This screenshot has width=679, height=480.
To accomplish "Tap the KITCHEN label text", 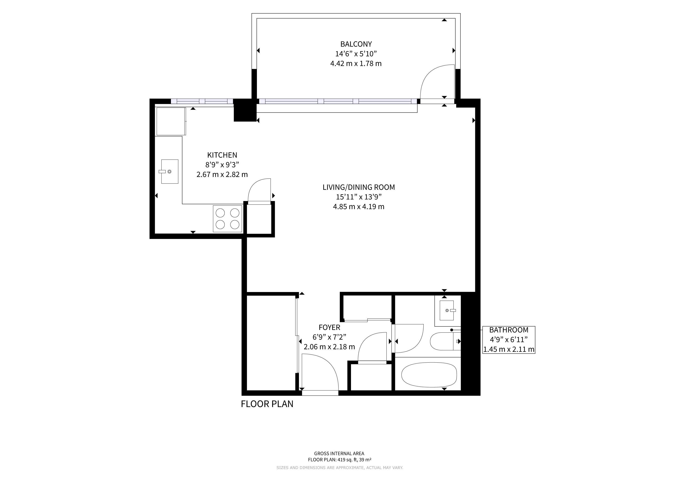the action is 222,155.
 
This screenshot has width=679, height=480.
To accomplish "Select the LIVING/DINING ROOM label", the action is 359,187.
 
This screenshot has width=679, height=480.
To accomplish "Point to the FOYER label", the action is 329,327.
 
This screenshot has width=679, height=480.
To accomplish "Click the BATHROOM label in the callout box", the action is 509,330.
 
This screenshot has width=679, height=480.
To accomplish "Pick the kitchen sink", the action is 170,171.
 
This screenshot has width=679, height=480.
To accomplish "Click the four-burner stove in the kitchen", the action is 227,219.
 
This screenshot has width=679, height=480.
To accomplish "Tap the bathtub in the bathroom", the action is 429,375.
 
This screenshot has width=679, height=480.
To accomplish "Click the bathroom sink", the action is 447,310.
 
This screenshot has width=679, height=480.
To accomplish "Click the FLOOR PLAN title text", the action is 267,404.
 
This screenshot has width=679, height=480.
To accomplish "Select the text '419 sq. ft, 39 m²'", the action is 354,460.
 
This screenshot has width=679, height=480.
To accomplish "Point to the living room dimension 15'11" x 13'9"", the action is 359,197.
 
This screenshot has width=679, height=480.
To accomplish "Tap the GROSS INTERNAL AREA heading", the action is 339,454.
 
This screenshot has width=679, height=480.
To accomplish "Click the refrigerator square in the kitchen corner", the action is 171,121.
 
